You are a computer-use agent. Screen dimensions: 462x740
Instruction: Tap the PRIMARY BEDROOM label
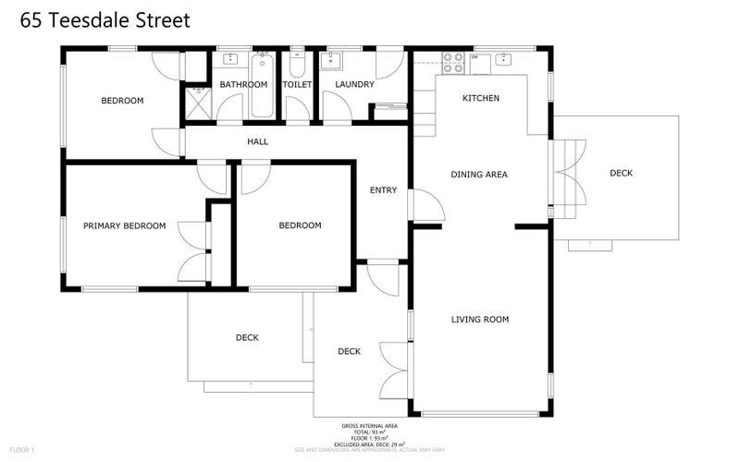124,225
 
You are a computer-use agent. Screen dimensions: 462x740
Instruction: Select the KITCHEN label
481,98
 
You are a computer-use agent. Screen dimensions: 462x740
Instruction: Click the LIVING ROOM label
480,320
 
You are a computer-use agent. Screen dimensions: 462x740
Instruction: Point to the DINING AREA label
479,175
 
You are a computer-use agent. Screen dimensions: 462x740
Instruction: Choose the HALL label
257,141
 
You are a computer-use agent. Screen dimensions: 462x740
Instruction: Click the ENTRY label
383,191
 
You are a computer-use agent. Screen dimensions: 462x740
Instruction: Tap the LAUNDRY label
354,85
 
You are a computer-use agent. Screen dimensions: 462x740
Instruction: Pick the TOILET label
297,85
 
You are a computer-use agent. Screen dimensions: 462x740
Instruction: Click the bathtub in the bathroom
261,85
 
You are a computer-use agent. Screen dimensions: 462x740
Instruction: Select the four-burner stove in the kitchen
453,62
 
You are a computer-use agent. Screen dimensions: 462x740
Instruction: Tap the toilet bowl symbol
297,65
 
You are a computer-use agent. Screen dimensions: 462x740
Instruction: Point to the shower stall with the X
198,103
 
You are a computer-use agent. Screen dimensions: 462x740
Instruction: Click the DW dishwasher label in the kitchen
475,57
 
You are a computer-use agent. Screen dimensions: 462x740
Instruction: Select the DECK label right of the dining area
622,173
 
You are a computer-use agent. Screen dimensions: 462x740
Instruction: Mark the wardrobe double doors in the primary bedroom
194,250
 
